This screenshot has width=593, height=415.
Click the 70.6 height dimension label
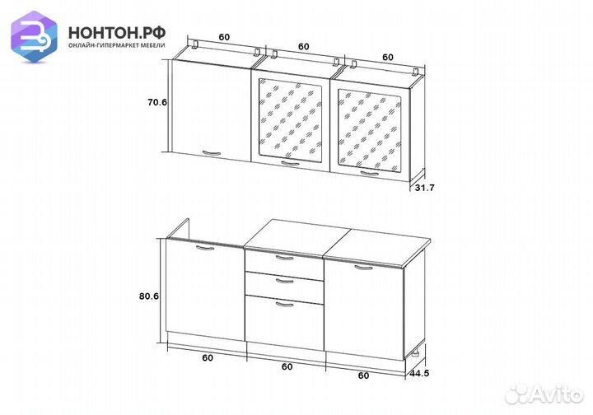157,102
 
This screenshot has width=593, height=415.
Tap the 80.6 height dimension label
148,296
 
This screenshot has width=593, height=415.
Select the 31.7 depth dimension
425,188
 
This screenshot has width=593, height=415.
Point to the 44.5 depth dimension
419,374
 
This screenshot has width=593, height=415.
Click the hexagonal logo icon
34,36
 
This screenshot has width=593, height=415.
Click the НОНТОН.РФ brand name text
117,33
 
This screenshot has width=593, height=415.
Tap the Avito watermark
544,394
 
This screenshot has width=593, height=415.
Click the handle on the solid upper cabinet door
212,152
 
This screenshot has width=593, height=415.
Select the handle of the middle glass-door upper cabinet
290,163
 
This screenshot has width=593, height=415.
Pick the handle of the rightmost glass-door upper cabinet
370,174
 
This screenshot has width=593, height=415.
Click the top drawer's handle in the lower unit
285,259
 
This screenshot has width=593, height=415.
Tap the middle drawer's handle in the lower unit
285,281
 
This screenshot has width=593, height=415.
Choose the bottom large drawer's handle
285,305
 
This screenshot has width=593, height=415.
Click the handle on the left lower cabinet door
205,248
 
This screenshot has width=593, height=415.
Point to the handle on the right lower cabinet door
364,268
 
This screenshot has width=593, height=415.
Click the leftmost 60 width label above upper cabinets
224,37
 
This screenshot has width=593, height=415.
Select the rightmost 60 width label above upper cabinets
388,57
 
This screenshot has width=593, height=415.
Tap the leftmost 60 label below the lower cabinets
208,357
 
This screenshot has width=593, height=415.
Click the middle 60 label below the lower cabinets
287,366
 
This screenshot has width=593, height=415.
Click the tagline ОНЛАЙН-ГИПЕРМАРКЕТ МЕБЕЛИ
117,45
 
